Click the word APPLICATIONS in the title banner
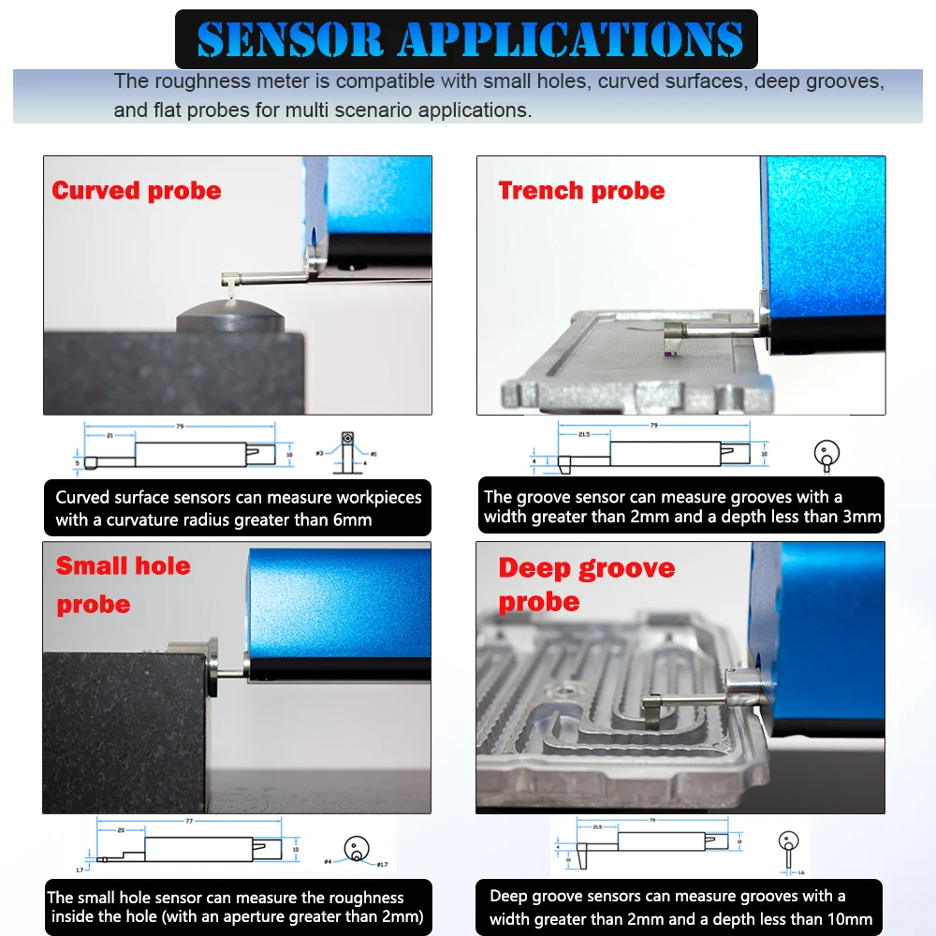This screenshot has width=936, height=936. tap(571, 39)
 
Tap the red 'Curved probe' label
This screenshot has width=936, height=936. tap(137, 191)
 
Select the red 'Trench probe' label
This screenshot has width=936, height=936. tap(581, 191)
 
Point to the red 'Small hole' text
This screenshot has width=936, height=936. tap(123, 566)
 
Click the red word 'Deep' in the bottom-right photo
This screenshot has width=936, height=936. tap(534, 568)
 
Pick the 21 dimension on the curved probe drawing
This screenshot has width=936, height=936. tap(110, 436)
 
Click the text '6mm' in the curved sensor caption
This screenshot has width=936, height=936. tap(351, 519)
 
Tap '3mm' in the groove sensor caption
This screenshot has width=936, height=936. tap(860, 517)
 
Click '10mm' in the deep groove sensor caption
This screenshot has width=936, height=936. tap(848, 919)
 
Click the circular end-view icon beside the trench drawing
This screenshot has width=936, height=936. tap(826, 454)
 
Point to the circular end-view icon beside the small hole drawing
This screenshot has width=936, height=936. tap(356, 850)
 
